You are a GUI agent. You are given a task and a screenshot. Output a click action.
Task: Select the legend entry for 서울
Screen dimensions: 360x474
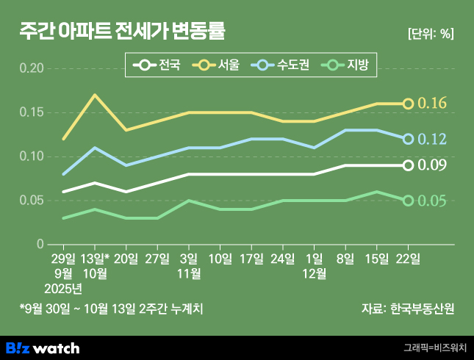coord(217,66)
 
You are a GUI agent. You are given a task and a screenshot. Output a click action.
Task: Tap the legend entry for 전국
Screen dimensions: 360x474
coord(158,66)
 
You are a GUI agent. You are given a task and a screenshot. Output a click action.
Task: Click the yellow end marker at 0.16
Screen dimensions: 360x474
coord(408,104)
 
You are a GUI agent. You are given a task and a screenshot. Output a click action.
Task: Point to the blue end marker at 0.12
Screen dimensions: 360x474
coord(408,139)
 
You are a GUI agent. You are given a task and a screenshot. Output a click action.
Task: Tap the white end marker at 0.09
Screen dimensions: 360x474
coord(408,165)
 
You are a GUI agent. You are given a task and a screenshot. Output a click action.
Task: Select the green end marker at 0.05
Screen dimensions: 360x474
coord(408,201)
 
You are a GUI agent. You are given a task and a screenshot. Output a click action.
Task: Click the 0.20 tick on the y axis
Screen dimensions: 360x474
coord(31,68)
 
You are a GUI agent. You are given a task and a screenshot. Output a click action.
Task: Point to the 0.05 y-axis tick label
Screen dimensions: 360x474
coord(31,201)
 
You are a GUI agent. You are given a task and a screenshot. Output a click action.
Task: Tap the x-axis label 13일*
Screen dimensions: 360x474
coord(95,258)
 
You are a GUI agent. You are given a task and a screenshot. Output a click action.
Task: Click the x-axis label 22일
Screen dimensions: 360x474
coord(408,258)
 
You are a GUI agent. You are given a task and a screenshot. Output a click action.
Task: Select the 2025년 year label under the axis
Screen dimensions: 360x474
coord(63,287)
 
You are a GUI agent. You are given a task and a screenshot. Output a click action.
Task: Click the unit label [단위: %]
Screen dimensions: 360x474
coord(430,33)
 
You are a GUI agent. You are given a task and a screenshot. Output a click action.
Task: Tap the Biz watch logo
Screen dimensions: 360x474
coord(43,348)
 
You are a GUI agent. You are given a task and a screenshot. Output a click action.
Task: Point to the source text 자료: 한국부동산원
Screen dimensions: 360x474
coord(408,309)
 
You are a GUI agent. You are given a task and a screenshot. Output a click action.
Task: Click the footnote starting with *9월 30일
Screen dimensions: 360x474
coord(111,309)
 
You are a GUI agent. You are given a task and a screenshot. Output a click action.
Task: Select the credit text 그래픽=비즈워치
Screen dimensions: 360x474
coord(434,348)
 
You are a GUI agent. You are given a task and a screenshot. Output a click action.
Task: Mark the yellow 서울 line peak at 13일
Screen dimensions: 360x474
coord(95,95)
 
